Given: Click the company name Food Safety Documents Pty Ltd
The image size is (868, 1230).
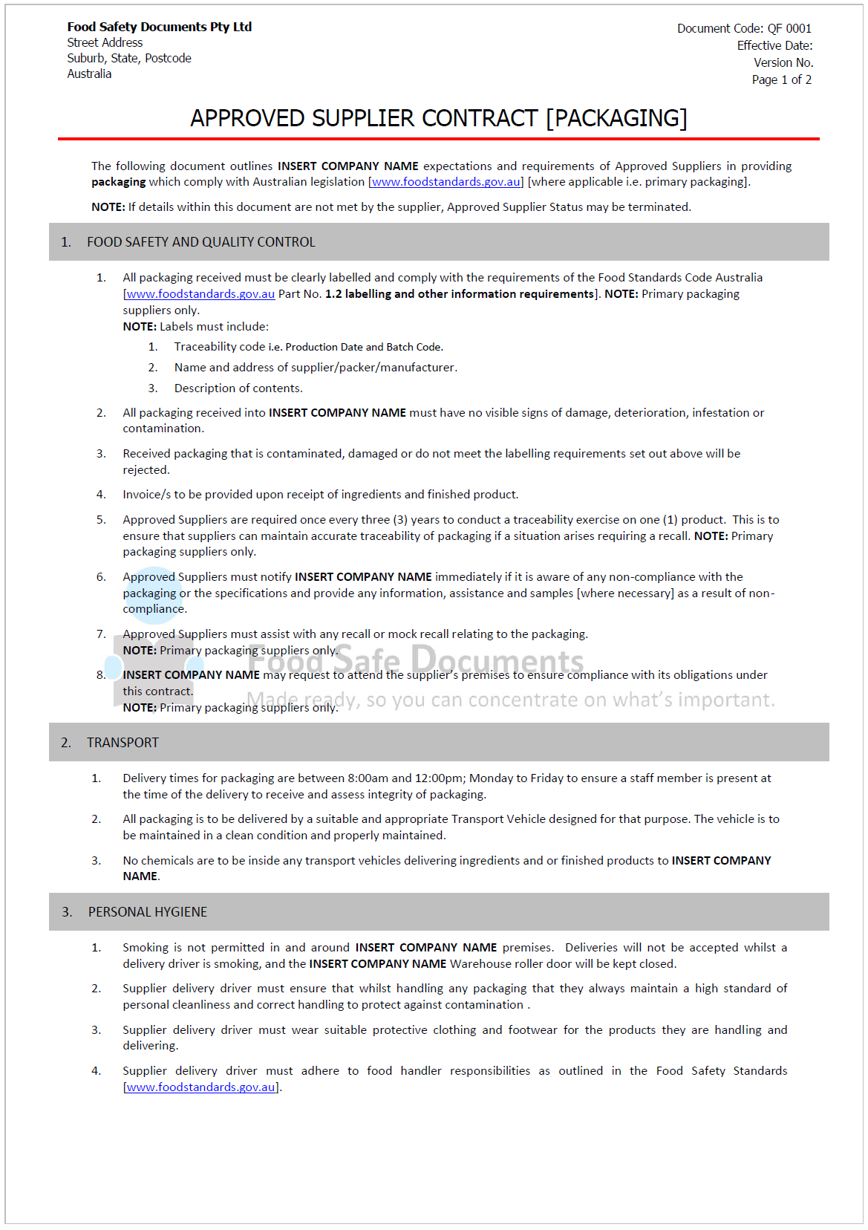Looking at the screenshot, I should tap(159, 27).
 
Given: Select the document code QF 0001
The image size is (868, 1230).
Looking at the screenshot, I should tap(789, 28).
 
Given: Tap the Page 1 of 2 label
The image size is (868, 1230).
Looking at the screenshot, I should tap(781, 79).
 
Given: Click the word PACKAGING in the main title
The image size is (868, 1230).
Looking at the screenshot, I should tap(617, 118).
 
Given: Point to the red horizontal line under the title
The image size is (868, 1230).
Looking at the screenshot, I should tap(438, 138).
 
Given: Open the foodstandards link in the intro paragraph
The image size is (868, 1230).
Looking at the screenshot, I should tap(446, 182).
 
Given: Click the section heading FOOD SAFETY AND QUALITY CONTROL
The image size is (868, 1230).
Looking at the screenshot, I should tap(200, 242).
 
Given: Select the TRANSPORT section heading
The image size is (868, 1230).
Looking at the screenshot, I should tap(123, 743).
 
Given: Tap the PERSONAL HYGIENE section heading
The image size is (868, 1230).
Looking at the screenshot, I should tap(147, 912).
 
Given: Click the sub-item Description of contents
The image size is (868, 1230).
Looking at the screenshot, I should tap(238, 388).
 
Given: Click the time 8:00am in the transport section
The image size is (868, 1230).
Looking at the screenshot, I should tap(368, 778).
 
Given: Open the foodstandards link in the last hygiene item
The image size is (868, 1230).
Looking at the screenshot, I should tap(200, 1087).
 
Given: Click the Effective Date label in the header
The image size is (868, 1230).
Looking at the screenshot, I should tap(774, 45).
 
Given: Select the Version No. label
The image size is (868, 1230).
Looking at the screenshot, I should tap(783, 62).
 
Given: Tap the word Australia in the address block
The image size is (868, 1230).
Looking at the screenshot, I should tap(89, 74).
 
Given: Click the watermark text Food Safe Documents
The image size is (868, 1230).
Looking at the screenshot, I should tap(416, 660).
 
